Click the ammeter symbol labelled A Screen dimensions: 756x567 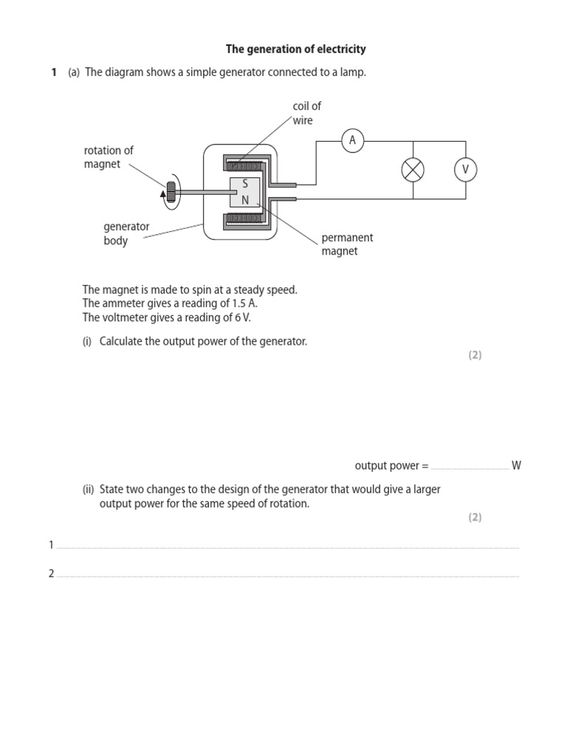pyautogui.click(x=353, y=141)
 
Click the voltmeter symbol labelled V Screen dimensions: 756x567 pyautogui.click(x=465, y=171)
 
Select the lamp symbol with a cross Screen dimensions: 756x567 pyautogui.click(x=413, y=171)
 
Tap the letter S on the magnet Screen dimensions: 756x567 pyautogui.click(x=244, y=185)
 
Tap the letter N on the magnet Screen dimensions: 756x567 pyautogui.click(x=244, y=200)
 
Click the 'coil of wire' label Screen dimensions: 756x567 pyautogui.click(x=306, y=113)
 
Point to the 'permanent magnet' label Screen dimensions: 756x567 pyautogui.click(x=347, y=244)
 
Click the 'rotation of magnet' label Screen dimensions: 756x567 pyautogui.click(x=109, y=157)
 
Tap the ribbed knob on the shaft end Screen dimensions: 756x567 pyautogui.click(x=171, y=192)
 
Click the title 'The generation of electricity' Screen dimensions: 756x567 pyautogui.click(x=295, y=49)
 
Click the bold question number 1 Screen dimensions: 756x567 pyautogui.click(x=54, y=72)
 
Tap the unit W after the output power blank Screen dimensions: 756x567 pyautogui.click(x=516, y=466)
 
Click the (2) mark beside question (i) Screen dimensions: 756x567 pyautogui.click(x=474, y=355)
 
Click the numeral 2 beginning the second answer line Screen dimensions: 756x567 pyautogui.click(x=52, y=574)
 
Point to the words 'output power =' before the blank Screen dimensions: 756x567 pyautogui.click(x=391, y=466)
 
